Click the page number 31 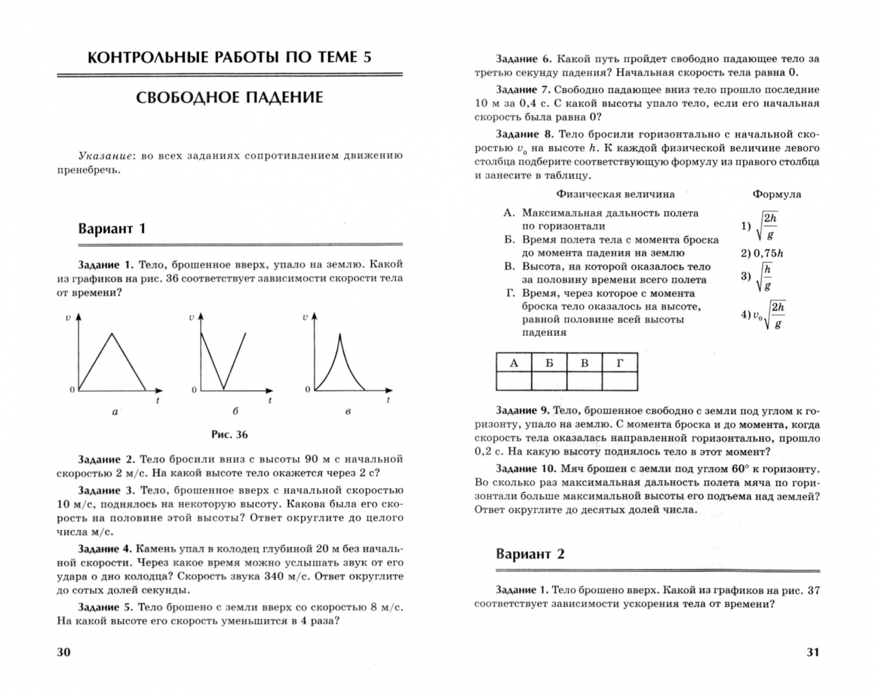click(812, 652)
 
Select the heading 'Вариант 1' click(112, 229)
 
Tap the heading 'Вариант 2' click(530, 554)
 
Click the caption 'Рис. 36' click(229, 434)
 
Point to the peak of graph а click(113, 333)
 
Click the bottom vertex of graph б click(223, 389)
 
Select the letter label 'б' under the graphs click(236, 411)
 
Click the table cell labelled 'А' click(514, 363)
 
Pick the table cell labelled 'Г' click(619, 363)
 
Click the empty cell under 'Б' click(549, 381)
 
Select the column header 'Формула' click(776, 194)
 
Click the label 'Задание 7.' click(523, 90)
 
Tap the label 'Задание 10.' click(527, 468)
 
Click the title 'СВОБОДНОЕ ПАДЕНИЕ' click(229, 97)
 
